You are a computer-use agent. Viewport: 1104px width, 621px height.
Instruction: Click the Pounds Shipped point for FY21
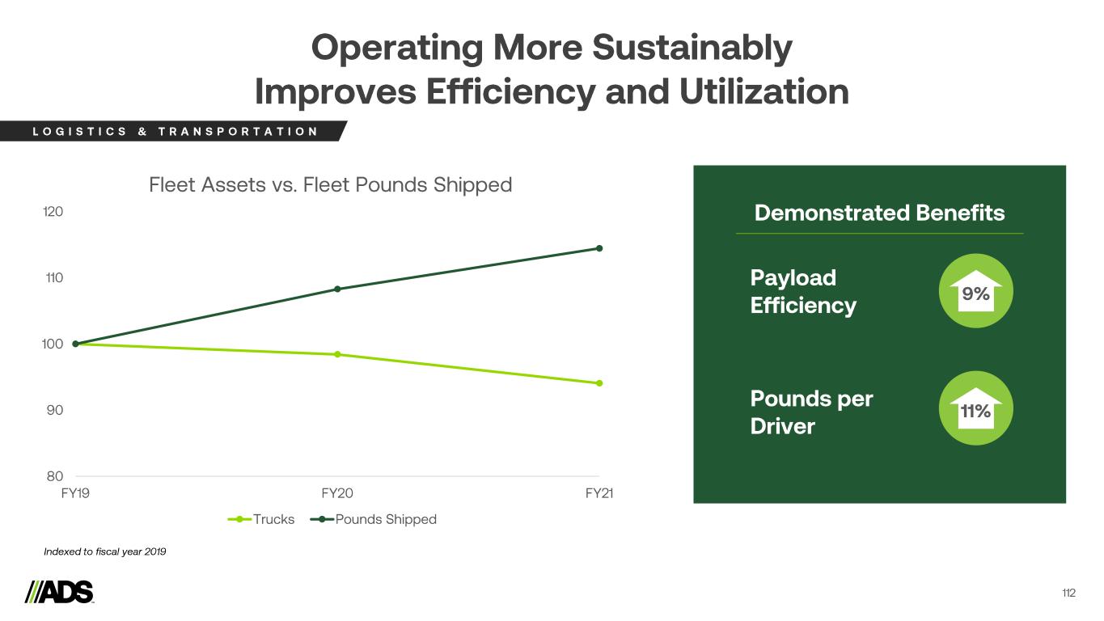click(x=599, y=248)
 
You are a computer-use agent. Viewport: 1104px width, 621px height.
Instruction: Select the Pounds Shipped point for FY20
click(x=337, y=289)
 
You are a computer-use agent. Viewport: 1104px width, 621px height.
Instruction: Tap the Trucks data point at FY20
click(x=337, y=354)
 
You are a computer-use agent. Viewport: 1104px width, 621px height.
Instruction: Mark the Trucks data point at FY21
click(x=599, y=383)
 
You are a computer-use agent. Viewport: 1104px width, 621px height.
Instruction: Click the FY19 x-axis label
click(x=75, y=493)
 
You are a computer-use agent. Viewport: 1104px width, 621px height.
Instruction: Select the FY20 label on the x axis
click(x=337, y=493)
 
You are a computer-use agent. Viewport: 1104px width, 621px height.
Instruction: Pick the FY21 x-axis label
click(x=599, y=493)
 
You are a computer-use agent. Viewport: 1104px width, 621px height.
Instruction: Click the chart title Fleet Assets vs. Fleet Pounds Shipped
click(x=331, y=185)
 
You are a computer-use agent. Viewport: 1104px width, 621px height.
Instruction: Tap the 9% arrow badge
click(x=975, y=292)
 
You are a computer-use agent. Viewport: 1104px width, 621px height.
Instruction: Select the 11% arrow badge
click(x=975, y=408)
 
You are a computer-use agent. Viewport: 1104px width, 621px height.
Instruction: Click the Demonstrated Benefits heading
click(x=879, y=213)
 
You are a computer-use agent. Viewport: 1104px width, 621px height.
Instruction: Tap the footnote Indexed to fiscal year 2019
click(x=104, y=551)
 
